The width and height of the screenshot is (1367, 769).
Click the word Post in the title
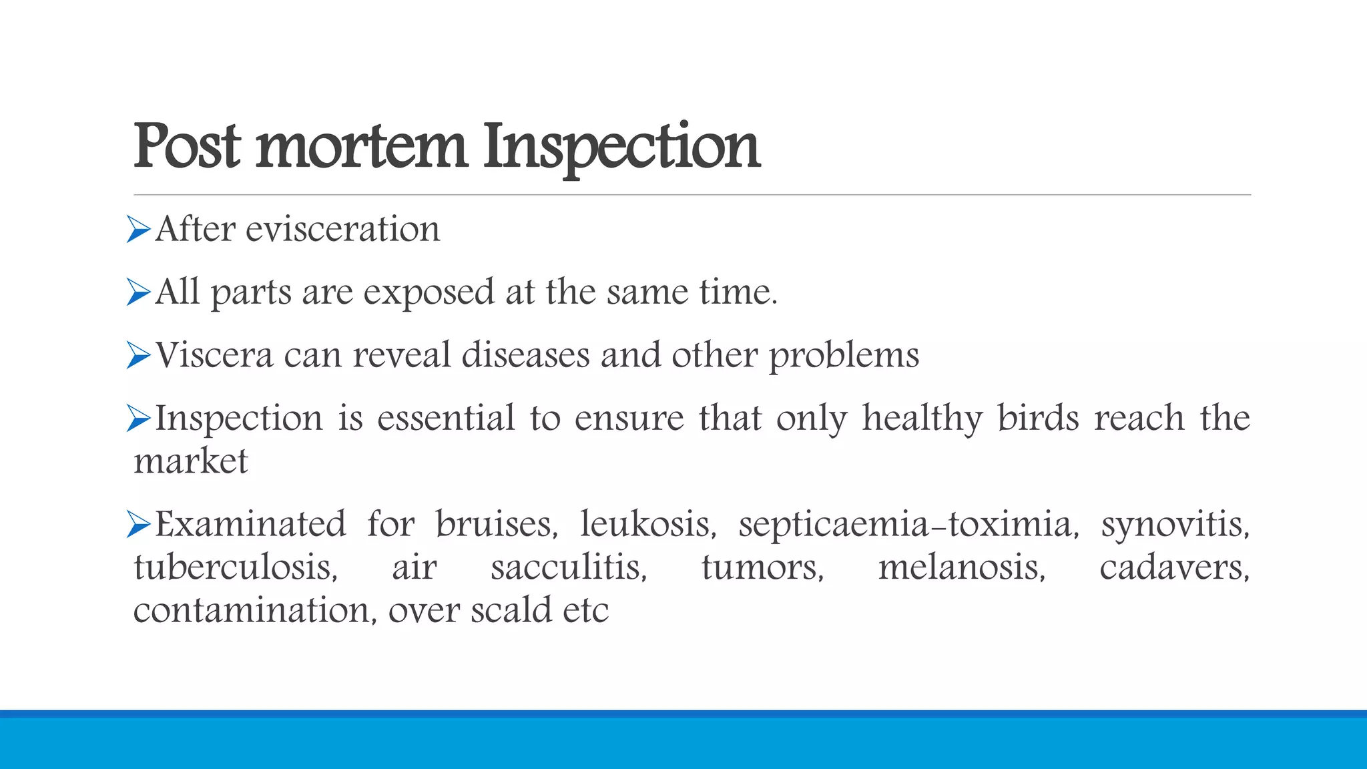186,146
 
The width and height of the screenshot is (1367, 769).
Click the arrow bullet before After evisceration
138,230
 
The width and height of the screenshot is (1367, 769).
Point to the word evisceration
342,230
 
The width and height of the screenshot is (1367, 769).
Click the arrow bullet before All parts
138,292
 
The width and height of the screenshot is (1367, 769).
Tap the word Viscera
214,355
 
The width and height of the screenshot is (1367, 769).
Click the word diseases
525,355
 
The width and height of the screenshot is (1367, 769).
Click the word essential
446,419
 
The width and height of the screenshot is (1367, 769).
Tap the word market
190,461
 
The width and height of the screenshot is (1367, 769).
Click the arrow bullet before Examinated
138,525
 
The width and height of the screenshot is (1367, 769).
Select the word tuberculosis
236,567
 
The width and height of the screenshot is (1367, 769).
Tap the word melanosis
961,568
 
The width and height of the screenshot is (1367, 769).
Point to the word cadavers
1174,568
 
